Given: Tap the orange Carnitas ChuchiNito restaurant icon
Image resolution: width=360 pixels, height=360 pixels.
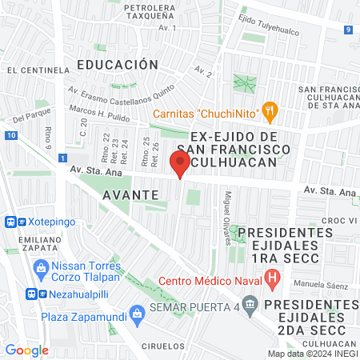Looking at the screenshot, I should coord(270,113).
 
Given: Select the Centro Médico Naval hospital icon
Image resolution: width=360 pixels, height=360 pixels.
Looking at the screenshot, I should coord(273,280).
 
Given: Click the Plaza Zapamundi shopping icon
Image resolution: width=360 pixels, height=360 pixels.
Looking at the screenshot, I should coord(137,311).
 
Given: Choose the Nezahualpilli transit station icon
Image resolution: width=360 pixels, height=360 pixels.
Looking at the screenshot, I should coord(34,293).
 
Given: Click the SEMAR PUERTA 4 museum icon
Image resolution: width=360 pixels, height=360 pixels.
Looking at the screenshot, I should coord(250,304).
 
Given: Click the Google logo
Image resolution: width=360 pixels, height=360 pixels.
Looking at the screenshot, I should coord(26,350).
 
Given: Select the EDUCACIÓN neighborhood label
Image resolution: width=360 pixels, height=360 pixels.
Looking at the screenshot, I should coord(118,64).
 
